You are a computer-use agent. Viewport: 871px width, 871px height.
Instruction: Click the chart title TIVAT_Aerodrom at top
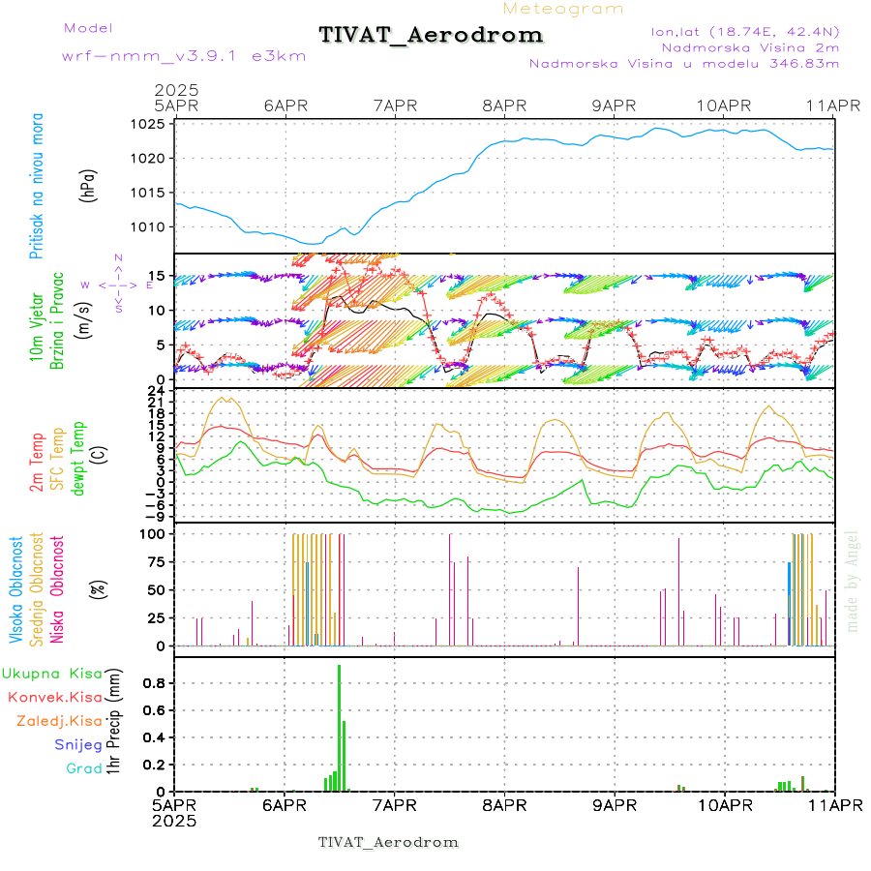pyautogui.click(x=431, y=36)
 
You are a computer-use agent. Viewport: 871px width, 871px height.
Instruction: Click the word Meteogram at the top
pyautogui.click(x=564, y=9)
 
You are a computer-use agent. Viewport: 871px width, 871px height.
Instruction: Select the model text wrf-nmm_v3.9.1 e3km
pyautogui.click(x=184, y=56)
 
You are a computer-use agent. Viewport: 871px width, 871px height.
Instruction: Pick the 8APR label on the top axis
pyautogui.click(x=504, y=105)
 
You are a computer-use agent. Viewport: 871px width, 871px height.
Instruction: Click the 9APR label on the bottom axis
pyautogui.click(x=615, y=805)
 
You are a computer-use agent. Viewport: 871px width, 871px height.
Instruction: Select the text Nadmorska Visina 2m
pyautogui.click(x=750, y=47)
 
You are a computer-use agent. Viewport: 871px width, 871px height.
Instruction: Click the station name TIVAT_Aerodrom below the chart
pyautogui.click(x=388, y=842)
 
